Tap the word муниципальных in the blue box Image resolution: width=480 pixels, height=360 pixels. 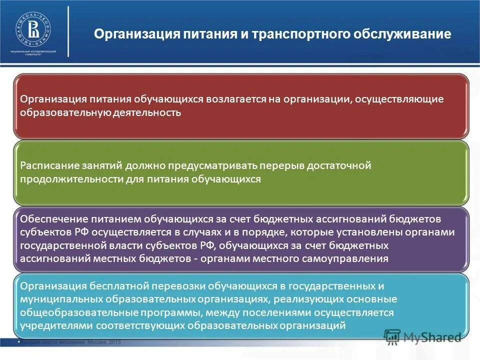point(61,299)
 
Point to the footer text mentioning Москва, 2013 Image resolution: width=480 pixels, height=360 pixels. point(70,342)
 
